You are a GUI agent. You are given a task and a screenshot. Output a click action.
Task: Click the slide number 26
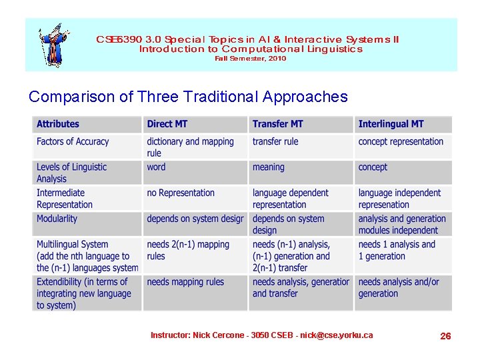coord(445,336)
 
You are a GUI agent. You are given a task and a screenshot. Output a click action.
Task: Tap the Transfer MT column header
coord(277,124)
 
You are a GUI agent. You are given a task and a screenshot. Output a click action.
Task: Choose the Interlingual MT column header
coord(391,124)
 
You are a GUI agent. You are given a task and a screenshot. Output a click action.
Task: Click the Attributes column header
coord(58,124)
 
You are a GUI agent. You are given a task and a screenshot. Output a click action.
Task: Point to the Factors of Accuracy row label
coord(73,141)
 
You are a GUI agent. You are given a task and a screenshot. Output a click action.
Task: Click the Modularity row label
coord(57,219)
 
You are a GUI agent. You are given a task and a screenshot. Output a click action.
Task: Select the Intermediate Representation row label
coord(65,199)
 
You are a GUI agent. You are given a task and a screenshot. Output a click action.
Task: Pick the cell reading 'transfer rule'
coord(275,141)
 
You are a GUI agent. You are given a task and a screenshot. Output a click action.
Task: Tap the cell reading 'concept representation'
coord(401,141)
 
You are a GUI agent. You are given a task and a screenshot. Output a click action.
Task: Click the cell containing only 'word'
coord(156,167)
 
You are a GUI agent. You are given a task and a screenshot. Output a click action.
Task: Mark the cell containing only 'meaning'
coord(269,167)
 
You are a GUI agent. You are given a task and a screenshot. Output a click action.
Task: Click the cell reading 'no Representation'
coord(181,193)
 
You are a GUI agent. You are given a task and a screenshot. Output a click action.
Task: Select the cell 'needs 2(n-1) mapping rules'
coord(188,250)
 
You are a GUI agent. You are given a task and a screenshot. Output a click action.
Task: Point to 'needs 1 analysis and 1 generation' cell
coord(397,250)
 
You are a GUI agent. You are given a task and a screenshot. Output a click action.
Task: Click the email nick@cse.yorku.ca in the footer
coord(336,335)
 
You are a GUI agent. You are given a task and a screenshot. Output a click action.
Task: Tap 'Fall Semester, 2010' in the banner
coord(250,59)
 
